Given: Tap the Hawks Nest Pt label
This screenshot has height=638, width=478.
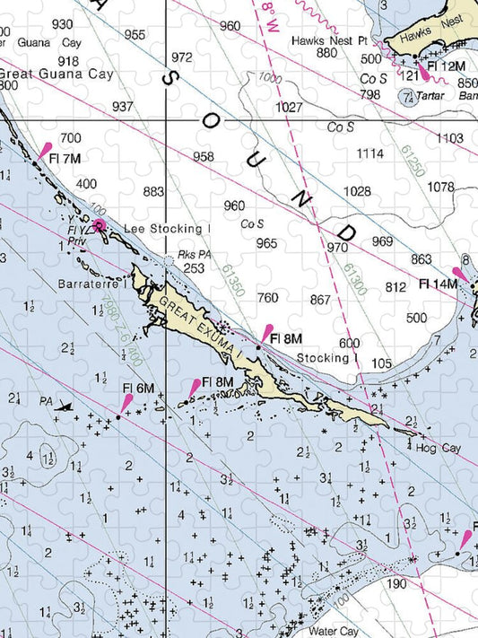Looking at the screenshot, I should tap(329, 40).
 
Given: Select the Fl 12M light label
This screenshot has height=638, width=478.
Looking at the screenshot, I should tap(446, 66).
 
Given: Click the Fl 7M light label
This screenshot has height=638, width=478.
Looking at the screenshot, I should tap(65, 159).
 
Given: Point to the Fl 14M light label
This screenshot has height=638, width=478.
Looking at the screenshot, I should tap(439, 284).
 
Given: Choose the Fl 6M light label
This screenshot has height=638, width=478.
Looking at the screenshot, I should tap(138, 388).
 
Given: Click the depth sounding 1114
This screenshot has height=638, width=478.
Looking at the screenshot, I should tap(369, 154).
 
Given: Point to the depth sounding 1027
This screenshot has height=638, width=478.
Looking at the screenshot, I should tap(289, 108).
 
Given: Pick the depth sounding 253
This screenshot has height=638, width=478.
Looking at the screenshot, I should tap(193, 268).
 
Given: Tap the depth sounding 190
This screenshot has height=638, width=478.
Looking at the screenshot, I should tap(397, 584).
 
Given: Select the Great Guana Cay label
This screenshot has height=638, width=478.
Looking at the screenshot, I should tap(56, 74).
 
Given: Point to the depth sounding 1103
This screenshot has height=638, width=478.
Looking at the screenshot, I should tap(449, 138).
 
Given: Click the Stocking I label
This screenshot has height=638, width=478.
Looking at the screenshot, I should tap(323, 358).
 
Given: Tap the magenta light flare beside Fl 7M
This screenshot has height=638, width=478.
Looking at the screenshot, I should tap(46, 150).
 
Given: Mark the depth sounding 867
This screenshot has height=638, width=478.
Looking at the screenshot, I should tap(321, 300).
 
